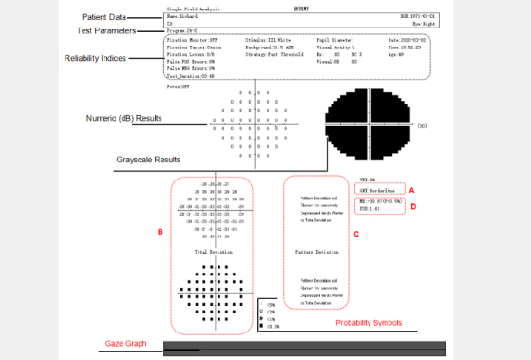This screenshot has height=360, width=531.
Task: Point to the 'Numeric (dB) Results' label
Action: pyautogui.click(x=122, y=120)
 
